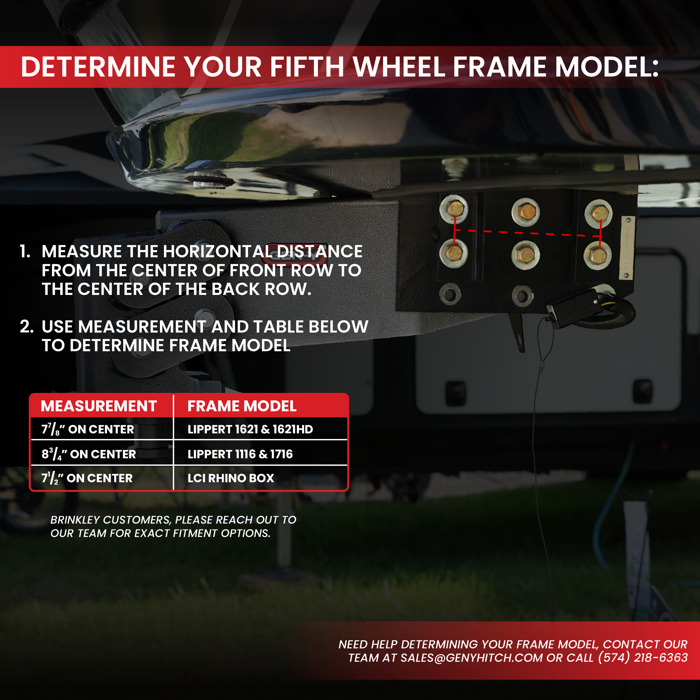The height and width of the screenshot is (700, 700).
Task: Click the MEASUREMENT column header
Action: click(99, 406)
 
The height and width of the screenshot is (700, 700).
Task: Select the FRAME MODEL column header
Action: click(242, 406)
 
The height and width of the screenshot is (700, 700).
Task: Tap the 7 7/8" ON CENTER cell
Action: click(88, 429)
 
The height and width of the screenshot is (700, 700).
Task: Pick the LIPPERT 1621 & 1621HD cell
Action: click(250, 429)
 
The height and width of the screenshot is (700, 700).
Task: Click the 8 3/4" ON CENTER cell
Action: click(89, 454)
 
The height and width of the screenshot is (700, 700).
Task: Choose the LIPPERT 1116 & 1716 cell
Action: click(240, 454)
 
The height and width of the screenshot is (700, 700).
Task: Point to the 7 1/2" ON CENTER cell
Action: click(87, 478)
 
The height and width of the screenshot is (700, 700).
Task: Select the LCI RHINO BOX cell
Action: click(231, 478)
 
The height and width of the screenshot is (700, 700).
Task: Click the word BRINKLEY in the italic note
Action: click(75, 520)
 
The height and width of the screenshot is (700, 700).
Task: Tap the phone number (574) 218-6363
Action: click(643, 658)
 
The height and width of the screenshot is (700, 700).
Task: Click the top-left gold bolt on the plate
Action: click(454, 209)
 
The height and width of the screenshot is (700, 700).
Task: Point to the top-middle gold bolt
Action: click(525, 212)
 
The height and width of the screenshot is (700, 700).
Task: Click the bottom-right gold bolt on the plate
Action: click(597, 256)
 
